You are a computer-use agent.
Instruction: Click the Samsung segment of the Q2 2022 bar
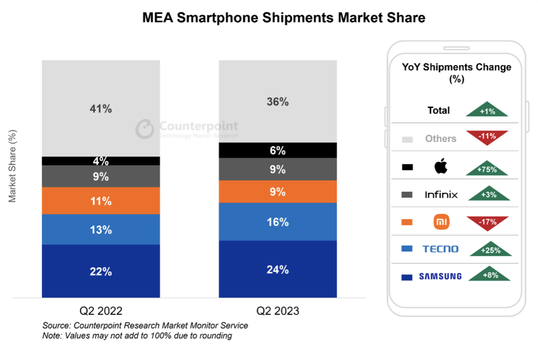coord(101,271)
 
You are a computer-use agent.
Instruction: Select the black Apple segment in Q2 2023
coord(277,150)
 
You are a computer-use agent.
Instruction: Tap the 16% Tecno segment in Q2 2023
coord(277,222)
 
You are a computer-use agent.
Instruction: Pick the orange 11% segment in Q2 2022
coord(101,201)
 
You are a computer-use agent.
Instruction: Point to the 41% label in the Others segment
coord(101,109)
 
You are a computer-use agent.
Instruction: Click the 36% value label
coord(277,102)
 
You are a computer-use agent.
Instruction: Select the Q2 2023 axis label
coord(277,311)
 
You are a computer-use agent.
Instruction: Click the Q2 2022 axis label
coord(101,311)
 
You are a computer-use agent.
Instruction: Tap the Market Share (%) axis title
coord(12,166)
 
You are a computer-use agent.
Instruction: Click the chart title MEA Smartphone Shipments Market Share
coord(283,18)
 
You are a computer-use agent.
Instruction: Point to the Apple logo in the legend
coord(441,166)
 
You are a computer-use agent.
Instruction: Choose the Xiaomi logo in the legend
coord(441,222)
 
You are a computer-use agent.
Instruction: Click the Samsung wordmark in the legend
coord(440,276)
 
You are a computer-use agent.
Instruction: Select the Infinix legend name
coord(441,195)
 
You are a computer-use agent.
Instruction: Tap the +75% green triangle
coord(487,168)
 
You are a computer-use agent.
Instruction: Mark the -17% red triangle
coord(487,222)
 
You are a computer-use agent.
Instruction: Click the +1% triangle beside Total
coord(487,110)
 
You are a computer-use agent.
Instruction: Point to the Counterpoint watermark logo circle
coord(144,128)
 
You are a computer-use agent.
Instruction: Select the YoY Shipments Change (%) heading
coord(456,73)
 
